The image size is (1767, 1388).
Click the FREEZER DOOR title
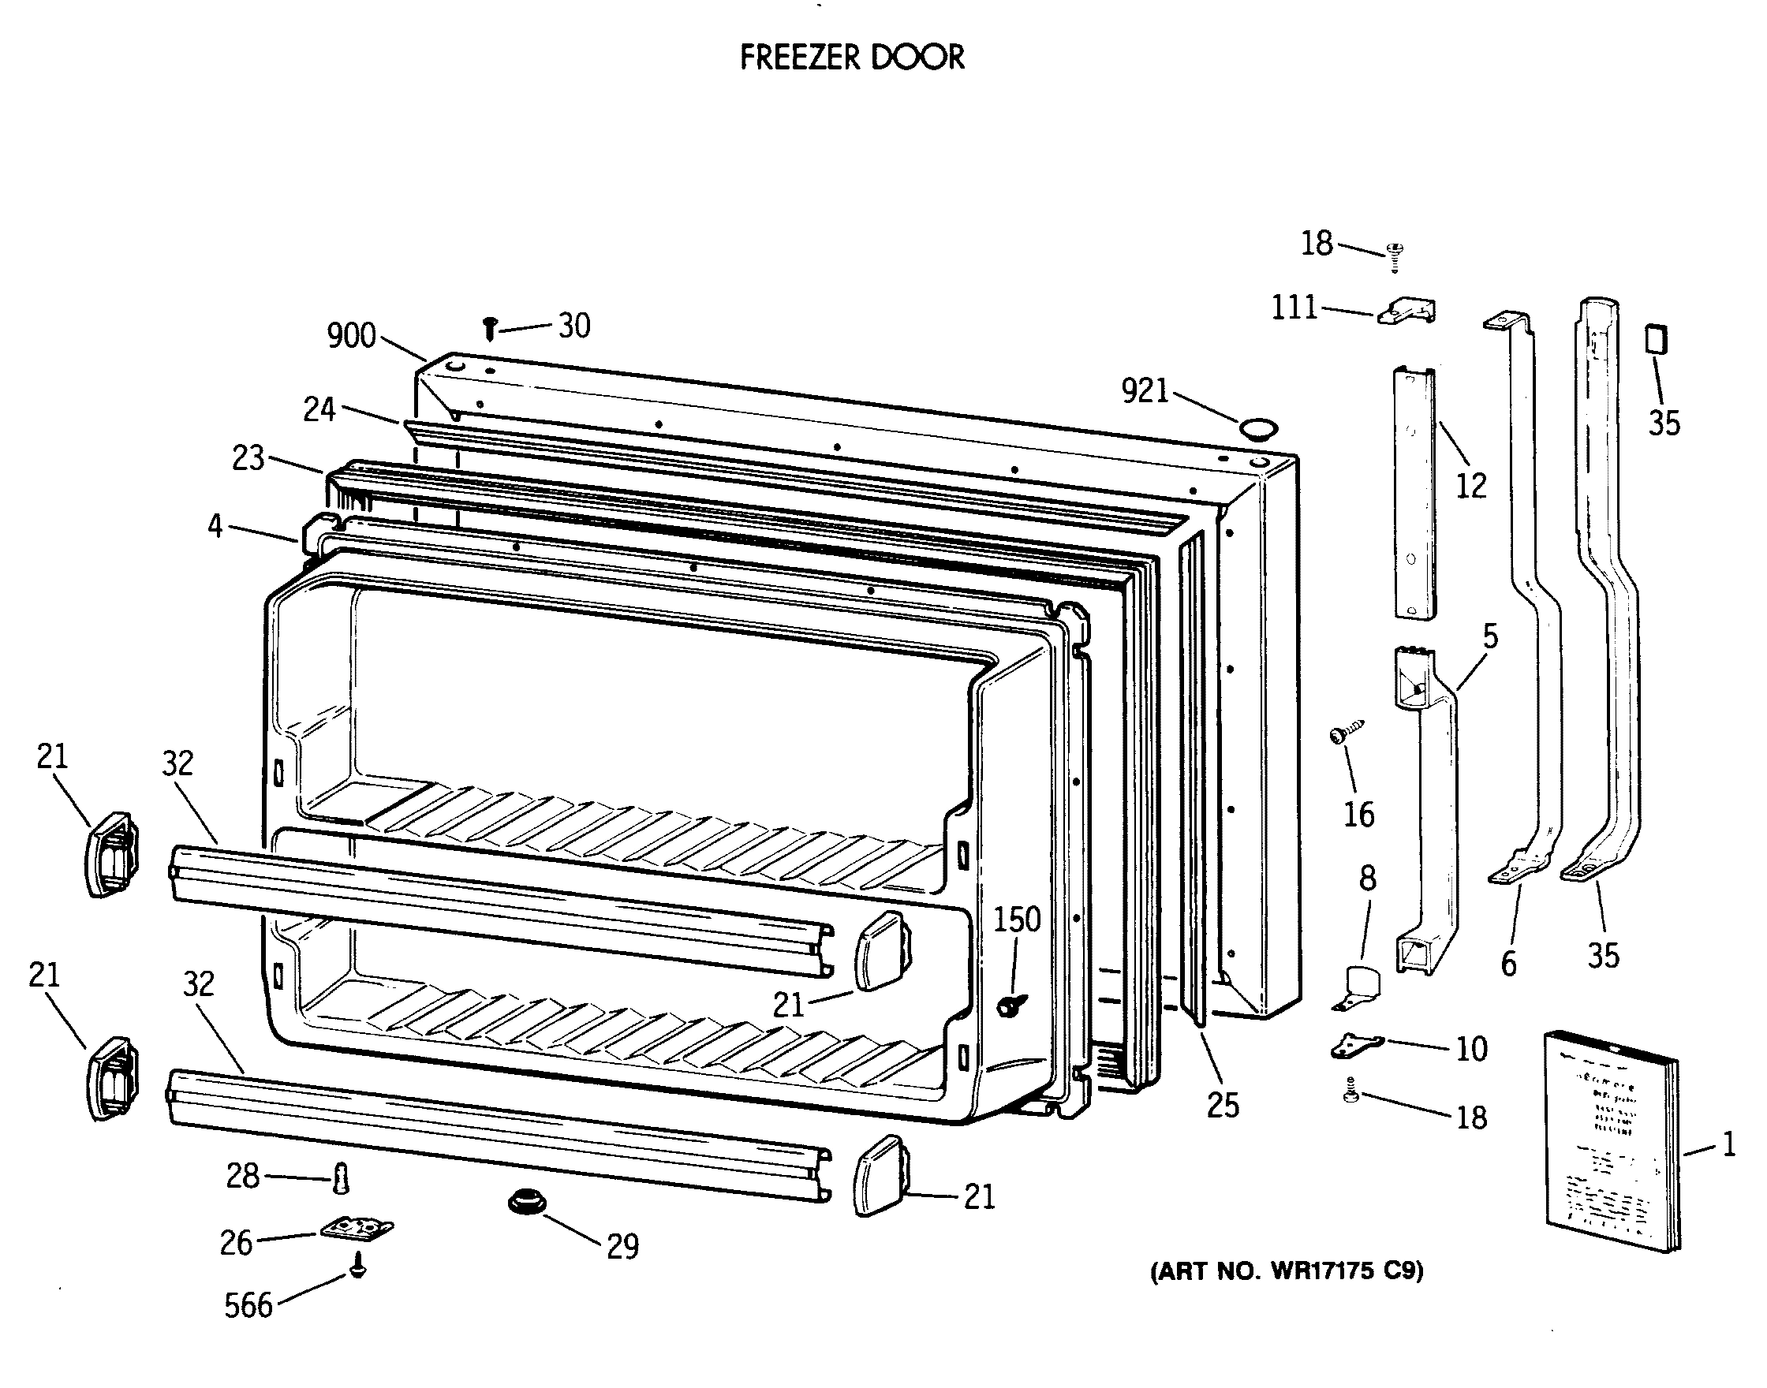coord(852,58)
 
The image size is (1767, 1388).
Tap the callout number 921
coord(1145,392)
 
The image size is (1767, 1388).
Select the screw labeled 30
coord(489,328)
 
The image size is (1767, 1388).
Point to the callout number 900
coord(351,336)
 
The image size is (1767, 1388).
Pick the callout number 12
coord(1470,486)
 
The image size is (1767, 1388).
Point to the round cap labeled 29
coord(527,1202)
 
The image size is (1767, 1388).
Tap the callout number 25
coord(1223,1105)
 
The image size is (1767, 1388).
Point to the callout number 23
coord(248,458)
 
